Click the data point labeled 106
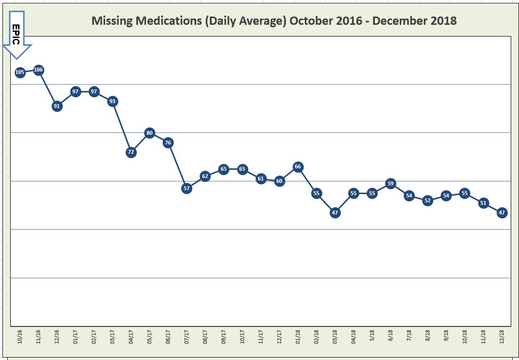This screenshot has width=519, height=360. coord(38,70)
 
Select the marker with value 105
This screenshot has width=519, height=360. coord(20,72)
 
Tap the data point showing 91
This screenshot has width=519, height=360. coord(57,106)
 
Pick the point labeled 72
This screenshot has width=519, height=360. coord(131,152)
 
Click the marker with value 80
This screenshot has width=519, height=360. coord(149,133)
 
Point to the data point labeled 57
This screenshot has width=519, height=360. coord(186,188)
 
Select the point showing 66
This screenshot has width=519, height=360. coord(298,167)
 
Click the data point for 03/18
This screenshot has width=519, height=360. coord(335,213)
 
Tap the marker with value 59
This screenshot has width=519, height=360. coord(390,183)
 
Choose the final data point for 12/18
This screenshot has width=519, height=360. coord(502,213)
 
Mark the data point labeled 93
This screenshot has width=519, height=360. coord(112,101)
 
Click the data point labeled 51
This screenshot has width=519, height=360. coord(483,203)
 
